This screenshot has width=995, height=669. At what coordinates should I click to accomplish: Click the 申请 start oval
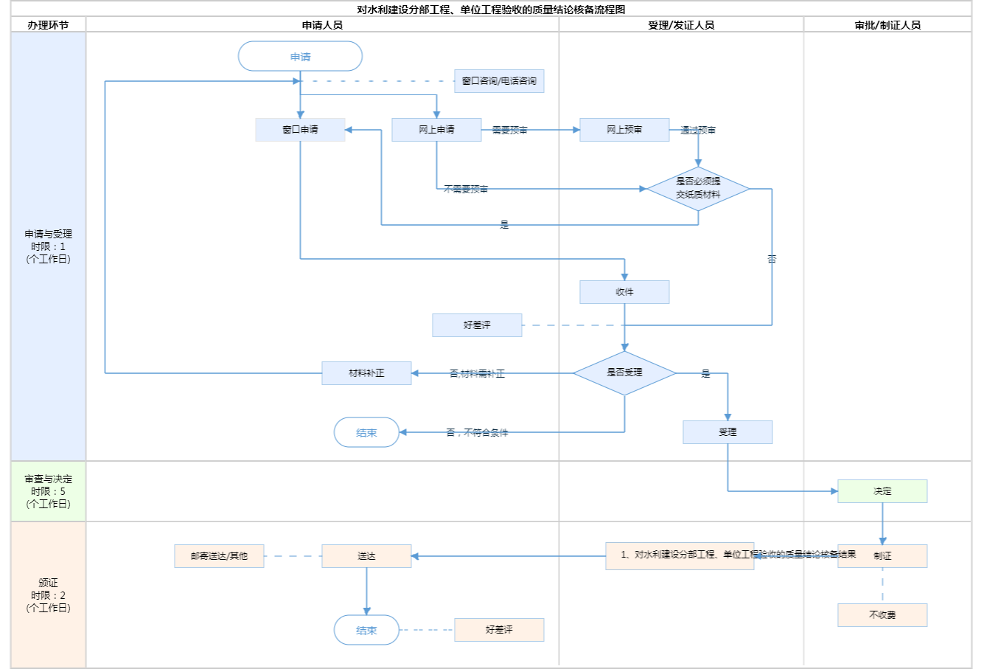[300, 57]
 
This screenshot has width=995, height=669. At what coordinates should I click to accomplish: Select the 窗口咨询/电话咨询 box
[499, 81]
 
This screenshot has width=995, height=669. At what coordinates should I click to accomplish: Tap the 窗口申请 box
[300, 130]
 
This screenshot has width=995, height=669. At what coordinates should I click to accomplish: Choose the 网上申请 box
[436, 130]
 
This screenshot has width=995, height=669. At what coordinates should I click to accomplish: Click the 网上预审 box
[624, 130]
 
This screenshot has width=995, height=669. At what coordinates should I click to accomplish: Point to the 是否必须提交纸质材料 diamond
[698, 189]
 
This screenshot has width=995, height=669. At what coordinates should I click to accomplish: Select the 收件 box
[624, 292]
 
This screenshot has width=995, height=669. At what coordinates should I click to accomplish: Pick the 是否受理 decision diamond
[624, 373]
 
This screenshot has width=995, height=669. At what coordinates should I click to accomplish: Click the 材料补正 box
[366, 373]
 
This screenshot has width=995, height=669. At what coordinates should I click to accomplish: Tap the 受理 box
[727, 432]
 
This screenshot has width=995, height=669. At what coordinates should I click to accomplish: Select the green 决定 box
[882, 491]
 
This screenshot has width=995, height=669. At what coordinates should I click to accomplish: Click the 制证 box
[882, 556]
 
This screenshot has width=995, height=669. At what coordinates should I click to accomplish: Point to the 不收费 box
[882, 615]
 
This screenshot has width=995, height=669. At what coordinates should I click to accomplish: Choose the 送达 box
[366, 556]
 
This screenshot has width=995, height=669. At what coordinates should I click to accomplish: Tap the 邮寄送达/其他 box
[219, 556]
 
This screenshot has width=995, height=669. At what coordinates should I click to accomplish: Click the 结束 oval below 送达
[366, 631]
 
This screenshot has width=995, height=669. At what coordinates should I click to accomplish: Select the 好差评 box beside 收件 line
[477, 325]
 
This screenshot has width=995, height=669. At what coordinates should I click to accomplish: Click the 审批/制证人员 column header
[887, 25]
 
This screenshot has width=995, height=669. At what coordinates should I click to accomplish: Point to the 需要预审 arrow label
[509, 131]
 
